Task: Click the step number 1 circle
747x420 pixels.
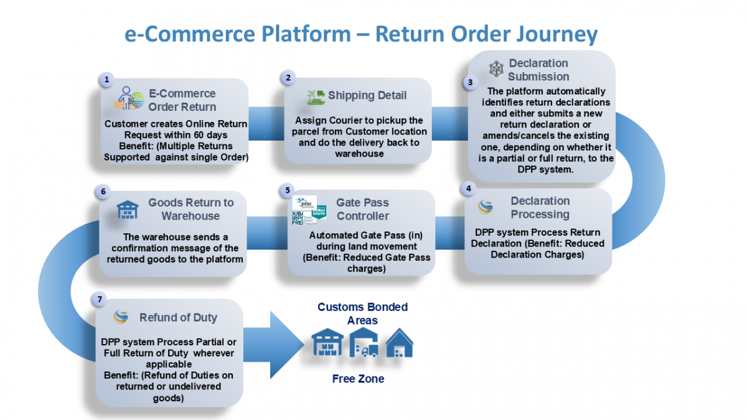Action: coord(107,80)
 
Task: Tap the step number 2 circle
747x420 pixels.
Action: coord(288,78)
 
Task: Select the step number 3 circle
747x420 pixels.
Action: coord(470,82)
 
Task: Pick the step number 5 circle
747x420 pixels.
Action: coord(288,189)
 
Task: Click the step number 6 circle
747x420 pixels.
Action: coord(103,192)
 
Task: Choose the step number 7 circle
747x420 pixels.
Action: coord(100,300)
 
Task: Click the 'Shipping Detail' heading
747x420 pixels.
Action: coord(367,95)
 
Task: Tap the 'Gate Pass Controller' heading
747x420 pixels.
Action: coord(362,210)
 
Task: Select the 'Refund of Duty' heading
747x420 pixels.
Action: coord(178,317)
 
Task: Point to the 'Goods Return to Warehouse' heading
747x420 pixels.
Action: coord(190,210)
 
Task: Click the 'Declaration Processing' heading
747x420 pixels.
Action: coord(540,207)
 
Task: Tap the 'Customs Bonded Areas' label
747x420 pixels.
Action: coord(362,314)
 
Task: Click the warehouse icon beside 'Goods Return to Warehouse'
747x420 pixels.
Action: coord(128,210)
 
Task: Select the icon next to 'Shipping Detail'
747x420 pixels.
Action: coord(316,96)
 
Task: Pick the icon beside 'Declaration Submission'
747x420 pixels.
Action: coord(496,69)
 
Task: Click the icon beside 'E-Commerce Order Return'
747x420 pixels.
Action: coord(130,99)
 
